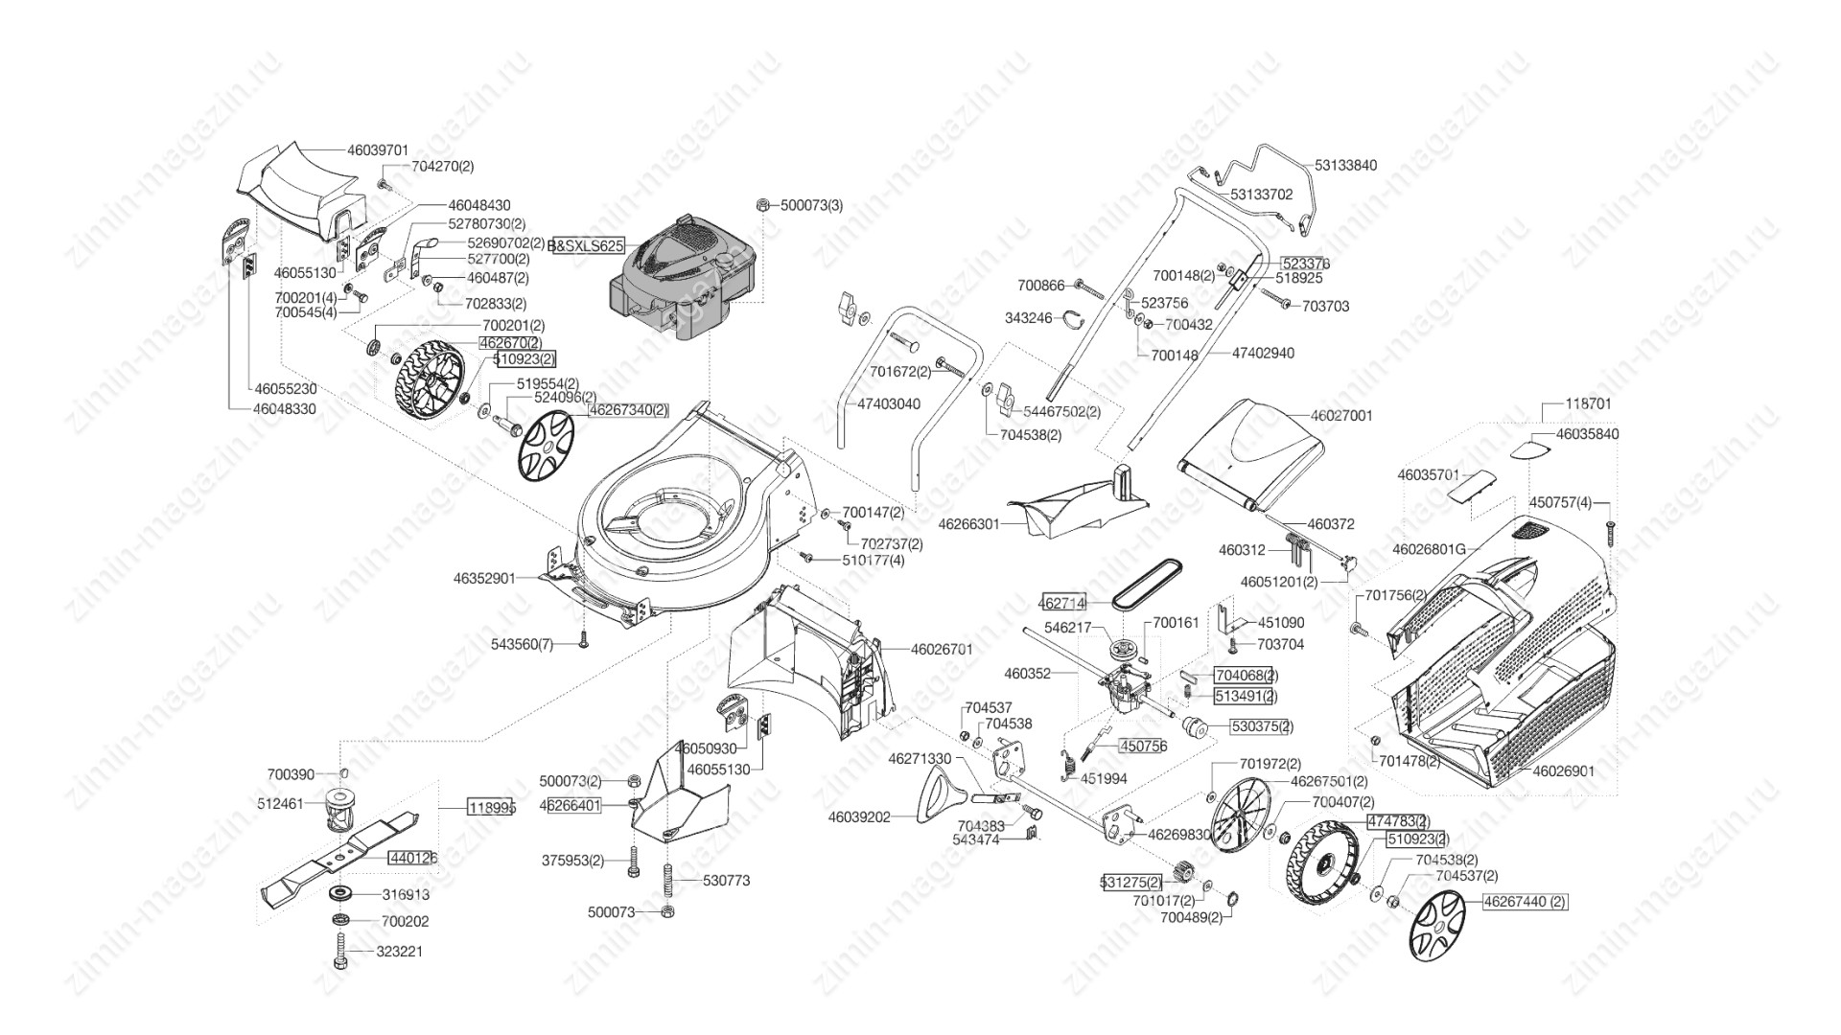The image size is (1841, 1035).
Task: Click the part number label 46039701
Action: coord(378,150)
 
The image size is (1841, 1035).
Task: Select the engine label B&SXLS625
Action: coord(587,246)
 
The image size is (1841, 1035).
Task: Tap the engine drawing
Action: coord(681,283)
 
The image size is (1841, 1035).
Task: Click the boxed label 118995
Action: coord(491,808)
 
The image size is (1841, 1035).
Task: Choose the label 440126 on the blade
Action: coord(412,858)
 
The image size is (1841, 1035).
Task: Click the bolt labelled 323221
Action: coord(340,952)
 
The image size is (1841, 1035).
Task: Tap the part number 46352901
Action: coord(484,579)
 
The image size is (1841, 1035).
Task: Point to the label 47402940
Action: coord(1262,354)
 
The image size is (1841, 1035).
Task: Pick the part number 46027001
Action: coord(1341,416)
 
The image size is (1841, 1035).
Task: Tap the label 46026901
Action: coord(1563,770)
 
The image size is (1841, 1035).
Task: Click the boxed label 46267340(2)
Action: coord(628,410)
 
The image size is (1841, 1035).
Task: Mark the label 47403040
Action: coord(888,404)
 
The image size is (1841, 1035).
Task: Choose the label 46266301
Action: coord(968,525)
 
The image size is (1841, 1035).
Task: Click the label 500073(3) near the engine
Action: coord(811,206)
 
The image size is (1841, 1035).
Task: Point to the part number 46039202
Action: coord(859,817)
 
